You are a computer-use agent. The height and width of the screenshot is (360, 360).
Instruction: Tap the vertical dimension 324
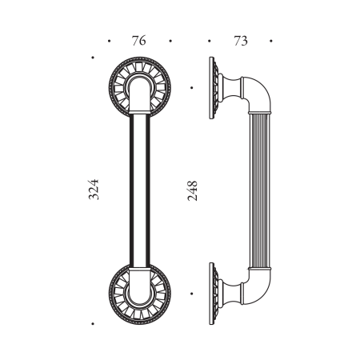[94, 190]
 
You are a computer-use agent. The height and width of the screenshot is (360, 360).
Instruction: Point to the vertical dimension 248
[192, 190]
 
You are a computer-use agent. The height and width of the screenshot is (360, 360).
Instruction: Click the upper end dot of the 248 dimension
[193, 87]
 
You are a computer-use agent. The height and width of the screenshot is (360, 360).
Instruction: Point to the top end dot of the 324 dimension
[94, 57]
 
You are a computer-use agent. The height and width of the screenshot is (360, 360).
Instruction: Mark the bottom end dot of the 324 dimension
[94, 323]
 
